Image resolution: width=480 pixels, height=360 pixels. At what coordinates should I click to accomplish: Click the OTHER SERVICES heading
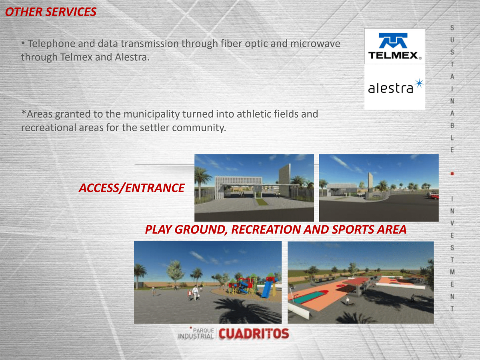point(51,12)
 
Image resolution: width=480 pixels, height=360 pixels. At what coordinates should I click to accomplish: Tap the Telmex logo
point(395,46)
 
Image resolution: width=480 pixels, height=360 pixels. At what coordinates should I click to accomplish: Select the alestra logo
point(395,86)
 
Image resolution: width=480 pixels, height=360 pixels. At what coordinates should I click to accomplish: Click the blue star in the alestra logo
point(419,83)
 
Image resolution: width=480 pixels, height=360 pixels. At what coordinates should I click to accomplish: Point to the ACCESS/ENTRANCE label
point(132,188)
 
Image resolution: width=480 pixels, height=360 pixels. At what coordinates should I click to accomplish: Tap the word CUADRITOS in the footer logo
point(254,334)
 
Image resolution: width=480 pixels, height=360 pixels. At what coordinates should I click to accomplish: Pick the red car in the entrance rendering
point(433,196)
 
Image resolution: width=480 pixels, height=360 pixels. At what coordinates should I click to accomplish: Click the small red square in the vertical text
point(452,174)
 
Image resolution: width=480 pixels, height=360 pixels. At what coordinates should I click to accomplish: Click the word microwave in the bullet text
point(315,44)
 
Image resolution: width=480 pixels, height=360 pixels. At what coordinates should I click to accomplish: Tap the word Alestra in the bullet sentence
point(132,57)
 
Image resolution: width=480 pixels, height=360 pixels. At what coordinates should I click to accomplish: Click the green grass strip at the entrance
point(261,202)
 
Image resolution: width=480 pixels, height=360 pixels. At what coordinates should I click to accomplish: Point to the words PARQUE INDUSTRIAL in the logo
point(196,334)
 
